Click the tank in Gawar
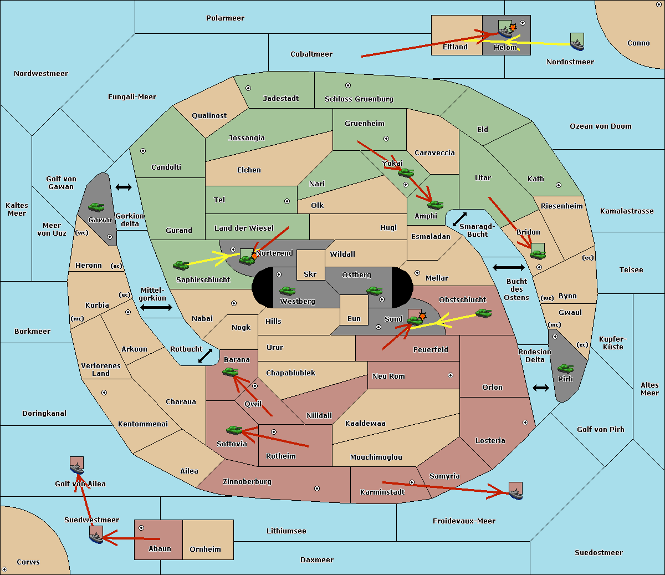point(96,207)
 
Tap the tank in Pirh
point(565,368)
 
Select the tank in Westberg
point(287,291)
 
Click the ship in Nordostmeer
point(577,45)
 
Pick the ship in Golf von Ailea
point(77,469)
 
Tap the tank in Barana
point(230,372)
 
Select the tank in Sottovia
point(234,430)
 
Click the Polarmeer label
point(225,18)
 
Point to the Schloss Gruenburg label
point(359,99)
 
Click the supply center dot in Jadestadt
point(248,88)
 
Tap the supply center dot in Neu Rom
point(451,375)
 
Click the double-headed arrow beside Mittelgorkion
point(156,307)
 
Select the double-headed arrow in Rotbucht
point(205,355)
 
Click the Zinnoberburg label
point(247,482)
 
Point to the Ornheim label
point(205,549)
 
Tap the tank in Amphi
point(435,205)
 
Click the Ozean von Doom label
point(601,126)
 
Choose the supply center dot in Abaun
point(141,528)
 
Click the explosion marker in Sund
point(422,316)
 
